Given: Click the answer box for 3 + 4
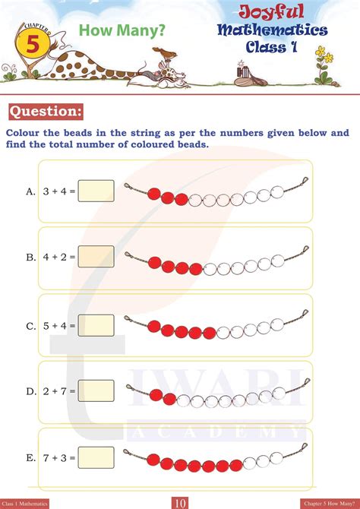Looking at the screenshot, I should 96,191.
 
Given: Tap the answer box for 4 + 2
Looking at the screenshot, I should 96,257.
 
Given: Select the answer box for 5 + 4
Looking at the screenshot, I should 96,325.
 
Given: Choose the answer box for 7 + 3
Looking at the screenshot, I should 96,457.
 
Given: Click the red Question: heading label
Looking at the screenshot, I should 45,112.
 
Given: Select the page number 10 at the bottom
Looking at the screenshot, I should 180,502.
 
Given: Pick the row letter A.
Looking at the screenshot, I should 31,191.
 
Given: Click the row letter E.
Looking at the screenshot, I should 31,457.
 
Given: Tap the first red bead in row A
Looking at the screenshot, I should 153,194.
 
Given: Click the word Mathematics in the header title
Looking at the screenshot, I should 273,30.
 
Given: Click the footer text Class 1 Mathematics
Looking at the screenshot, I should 25,503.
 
